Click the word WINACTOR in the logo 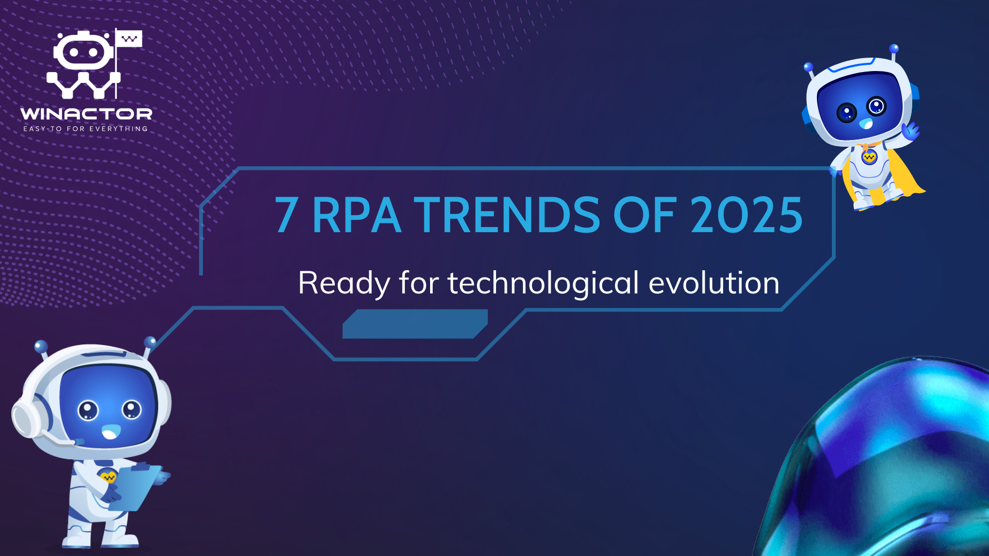tap(86, 113)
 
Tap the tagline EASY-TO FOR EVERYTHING tap(86, 129)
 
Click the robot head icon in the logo tap(83, 51)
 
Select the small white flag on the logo tap(129, 39)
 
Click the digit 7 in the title tap(286, 215)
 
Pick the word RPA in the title tap(356, 215)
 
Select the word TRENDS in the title tap(507, 215)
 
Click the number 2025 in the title tap(746, 215)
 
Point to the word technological tap(543, 283)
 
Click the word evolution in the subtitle tap(714, 283)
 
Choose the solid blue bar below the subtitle tap(415, 324)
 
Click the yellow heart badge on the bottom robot tap(108, 477)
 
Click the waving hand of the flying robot tap(910, 131)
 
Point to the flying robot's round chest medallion tap(869, 157)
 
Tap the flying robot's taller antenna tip tap(894, 48)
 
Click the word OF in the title tap(644, 215)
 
